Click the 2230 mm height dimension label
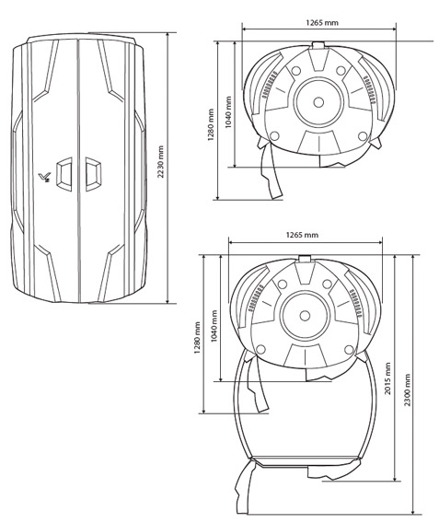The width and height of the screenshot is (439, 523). pos(161,161)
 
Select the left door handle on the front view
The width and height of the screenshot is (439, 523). pos(64,174)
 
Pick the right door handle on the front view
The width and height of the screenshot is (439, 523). pos(93,174)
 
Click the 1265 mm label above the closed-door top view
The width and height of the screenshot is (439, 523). pos(322,23)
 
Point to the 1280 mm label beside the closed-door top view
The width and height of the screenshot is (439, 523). pos(211,124)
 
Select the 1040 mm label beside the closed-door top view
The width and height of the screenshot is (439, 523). pos(228,112)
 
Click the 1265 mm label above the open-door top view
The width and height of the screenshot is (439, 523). pos(302,235)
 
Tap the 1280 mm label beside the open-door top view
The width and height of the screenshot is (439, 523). pos(197,338)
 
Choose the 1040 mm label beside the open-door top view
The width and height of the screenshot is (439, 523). pos(214,326)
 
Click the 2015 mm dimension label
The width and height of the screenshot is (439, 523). pos(387,378)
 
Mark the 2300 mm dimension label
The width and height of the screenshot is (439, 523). pos(407,389)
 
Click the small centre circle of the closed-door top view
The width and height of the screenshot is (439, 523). pos(318,102)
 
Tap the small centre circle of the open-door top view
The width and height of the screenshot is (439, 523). pos(305,316)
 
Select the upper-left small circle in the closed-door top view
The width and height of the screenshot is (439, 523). pos(296,71)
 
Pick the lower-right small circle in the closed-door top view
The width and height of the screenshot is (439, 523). pos(363,136)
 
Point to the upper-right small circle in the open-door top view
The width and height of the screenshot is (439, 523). pos(328,285)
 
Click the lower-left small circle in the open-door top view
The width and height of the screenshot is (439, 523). pos(260,350)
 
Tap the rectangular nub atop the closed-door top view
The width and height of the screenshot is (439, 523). pos(318,46)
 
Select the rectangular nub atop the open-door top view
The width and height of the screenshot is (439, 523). pos(305,259)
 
